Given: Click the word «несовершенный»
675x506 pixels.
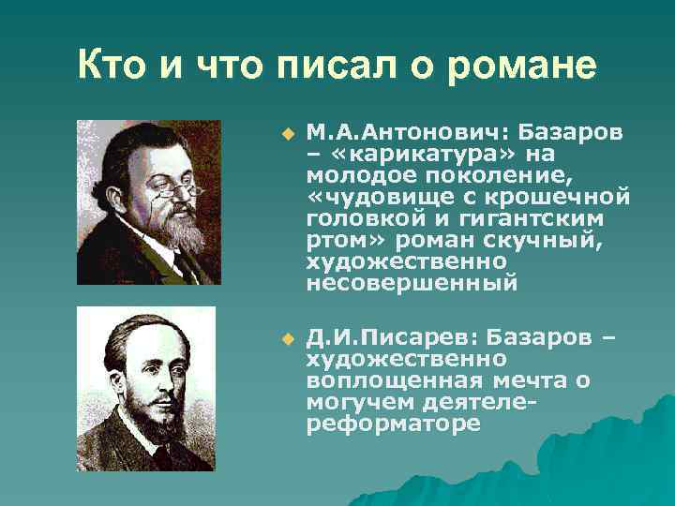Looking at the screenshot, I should (412, 281).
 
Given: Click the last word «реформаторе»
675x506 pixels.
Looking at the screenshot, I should (393, 423).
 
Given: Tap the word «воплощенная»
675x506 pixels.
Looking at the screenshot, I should (394, 379).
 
